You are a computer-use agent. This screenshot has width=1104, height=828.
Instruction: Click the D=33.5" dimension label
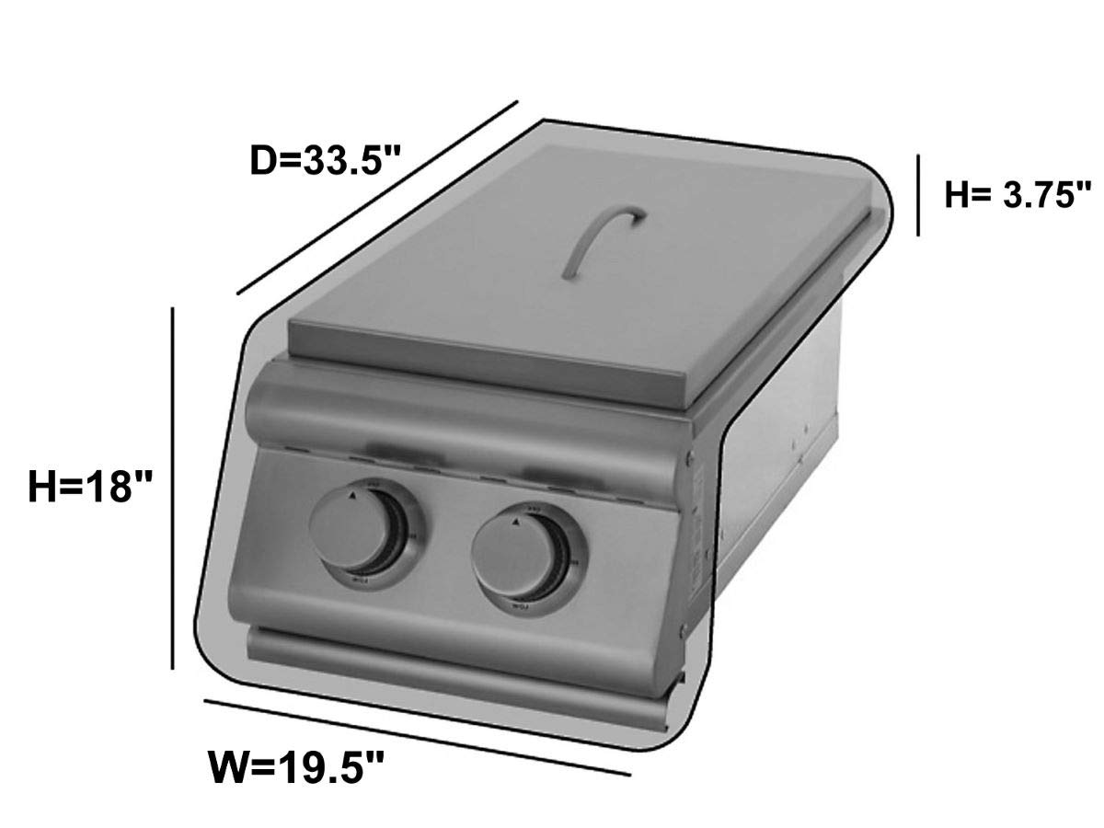click(x=327, y=163)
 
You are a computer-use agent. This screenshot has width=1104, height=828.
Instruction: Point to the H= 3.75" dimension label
click(x=1018, y=195)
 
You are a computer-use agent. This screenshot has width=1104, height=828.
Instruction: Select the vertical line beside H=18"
click(x=174, y=488)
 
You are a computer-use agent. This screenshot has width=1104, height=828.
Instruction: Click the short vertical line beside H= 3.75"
click(x=917, y=195)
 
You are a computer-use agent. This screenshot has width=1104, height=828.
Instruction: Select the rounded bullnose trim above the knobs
click(x=460, y=419)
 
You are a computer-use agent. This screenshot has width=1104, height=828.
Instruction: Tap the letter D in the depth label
click(x=264, y=163)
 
